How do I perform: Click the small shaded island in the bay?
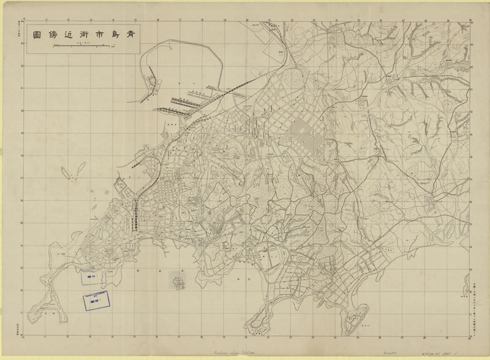pos(178,280)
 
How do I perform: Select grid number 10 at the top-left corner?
pos(23,19)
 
